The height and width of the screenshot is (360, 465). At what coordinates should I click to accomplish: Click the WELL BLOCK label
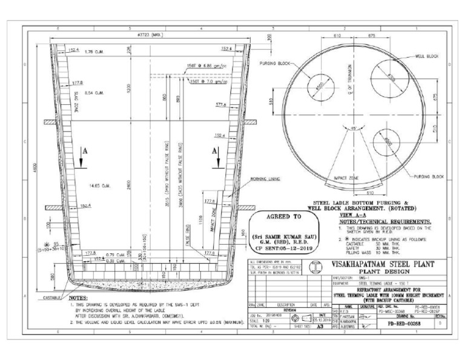click(x=426, y=56)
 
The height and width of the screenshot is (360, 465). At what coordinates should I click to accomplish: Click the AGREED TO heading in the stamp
click(x=283, y=217)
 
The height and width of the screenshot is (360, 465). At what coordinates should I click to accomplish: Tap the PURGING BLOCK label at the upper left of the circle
click(x=274, y=63)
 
